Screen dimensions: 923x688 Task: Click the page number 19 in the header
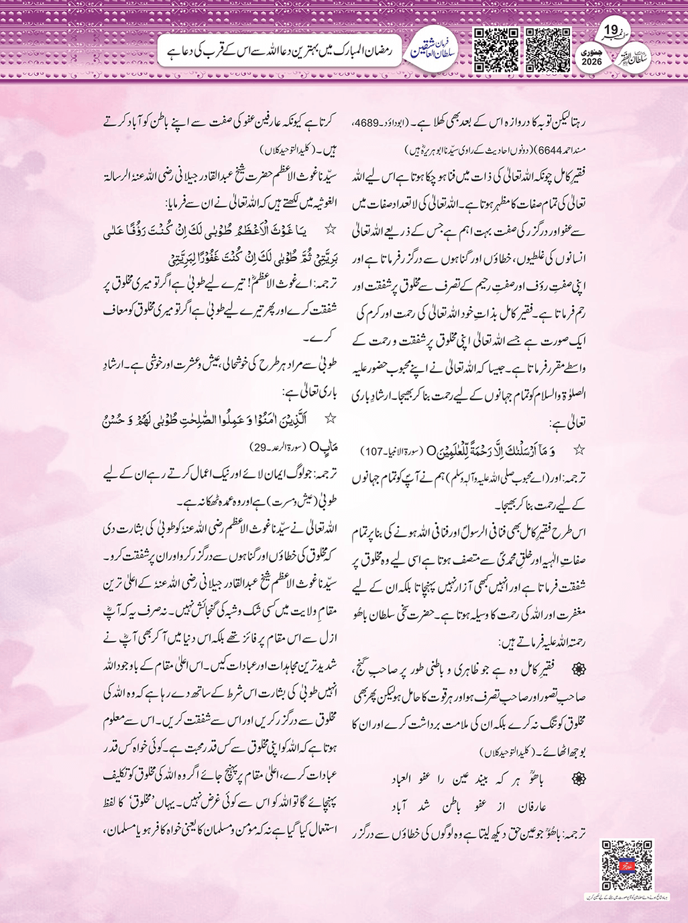coord(611,31)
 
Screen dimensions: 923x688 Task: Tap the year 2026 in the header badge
coord(592,62)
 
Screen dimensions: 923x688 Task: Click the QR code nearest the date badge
coord(548,50)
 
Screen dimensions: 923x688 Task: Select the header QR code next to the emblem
coord(496,50)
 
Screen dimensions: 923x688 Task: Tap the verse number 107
coord(371,449)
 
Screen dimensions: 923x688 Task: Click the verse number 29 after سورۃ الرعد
coord(258,447)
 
